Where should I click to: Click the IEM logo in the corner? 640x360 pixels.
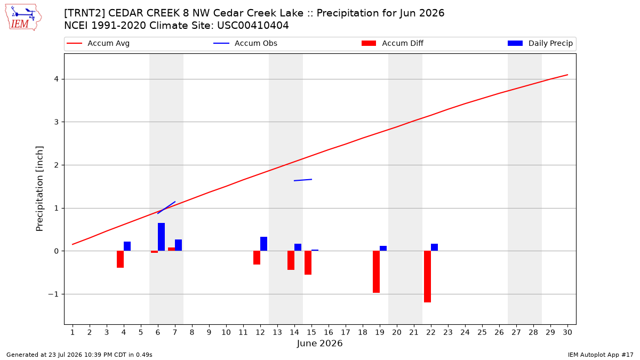(x=23, y=18)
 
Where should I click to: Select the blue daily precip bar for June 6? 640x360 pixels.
(x=161, y=237)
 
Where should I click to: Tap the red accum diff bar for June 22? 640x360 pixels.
(x=427, y=277)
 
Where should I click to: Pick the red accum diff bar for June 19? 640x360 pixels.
(x=377, y=271)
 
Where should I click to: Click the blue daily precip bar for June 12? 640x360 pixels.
(x=263, y=244)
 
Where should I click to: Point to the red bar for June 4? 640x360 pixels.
(x=121, y=259)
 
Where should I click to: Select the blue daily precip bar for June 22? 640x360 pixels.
(x=434, y=247)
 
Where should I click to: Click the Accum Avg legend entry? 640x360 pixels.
(x=98, y=43)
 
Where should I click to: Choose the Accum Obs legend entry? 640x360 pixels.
(x=245, y=43)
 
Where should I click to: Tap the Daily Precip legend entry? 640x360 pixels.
(x=540, y=43)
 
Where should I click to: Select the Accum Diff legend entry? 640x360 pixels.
(x=393, y=43)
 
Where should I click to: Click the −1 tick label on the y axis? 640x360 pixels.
(x=53, y=294)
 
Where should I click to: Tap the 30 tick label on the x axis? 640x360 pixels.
(x=567, y=332)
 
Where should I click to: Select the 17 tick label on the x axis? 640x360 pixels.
(x=346, y=332)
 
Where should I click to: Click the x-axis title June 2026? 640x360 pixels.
(x=319, y=343)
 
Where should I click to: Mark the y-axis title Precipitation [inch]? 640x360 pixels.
(x=39, y=189)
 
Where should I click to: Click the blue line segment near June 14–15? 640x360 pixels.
(x=303, y=180)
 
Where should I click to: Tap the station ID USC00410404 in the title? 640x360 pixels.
(x=253, y=26)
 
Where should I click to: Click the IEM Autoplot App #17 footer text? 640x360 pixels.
(x=601, y=355)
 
